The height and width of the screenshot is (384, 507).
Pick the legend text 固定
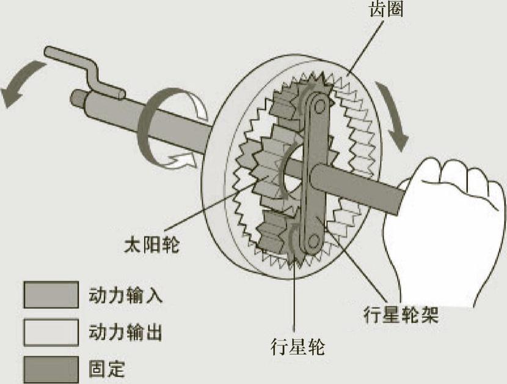(x=106, y=369)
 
